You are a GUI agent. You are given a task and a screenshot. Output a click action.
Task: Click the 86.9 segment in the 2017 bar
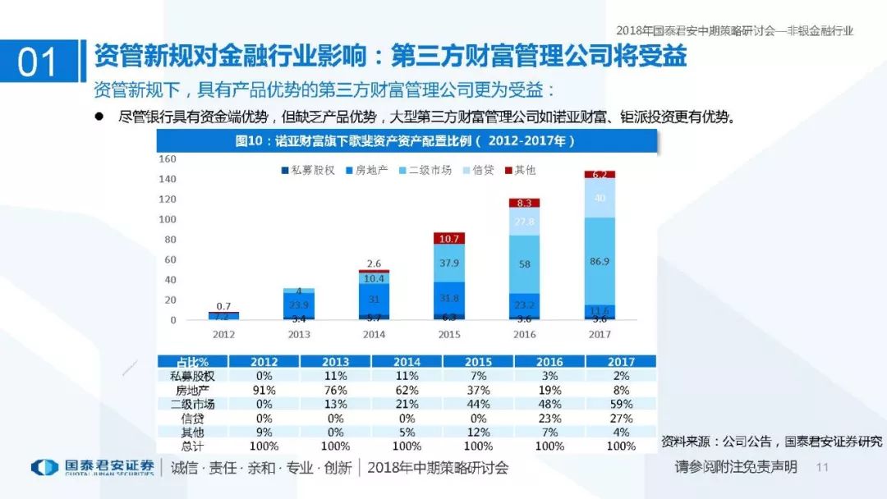(x=599, y=261)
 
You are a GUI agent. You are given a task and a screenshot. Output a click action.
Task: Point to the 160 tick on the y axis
(x=168, y=158)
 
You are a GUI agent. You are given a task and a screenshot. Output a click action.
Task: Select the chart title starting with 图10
(x=407, y=141)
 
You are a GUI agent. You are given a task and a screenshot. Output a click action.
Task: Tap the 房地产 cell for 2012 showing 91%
(x=264, y=390)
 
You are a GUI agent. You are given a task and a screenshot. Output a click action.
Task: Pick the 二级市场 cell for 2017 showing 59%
(x=621, y=404)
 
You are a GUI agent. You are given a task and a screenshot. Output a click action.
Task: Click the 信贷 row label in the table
(x=192, y=418)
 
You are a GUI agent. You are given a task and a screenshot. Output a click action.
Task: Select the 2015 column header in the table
(x=478, y=362)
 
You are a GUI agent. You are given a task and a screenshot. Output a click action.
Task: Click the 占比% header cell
(x=192, y=362)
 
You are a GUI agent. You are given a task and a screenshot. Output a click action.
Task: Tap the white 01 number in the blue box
(x=38, y=61)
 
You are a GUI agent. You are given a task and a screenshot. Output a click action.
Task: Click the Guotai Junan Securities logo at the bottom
(x=93, y=467)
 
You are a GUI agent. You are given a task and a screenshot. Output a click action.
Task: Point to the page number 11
(x=822, y=467)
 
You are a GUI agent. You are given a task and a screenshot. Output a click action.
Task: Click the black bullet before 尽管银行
(x=100, y=117)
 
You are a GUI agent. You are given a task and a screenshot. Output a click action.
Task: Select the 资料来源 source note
(x=771, y=442)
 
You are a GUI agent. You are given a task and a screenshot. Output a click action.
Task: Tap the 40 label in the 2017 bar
(x=599, y=198)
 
